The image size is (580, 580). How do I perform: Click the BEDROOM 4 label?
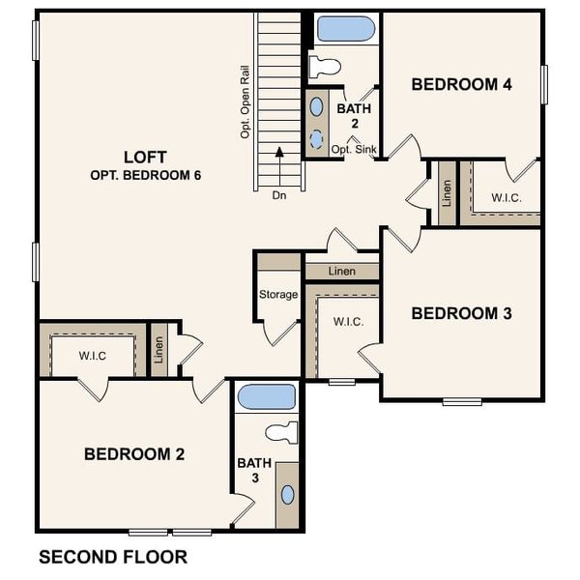click(461, 84)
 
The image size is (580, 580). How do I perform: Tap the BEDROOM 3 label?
click(461, 313)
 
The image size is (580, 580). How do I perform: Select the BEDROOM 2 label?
click(133, 453)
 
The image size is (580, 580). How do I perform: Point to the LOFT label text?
click(145, 157)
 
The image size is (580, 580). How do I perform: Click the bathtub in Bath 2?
click(345, 29)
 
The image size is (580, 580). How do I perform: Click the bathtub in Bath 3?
click(266, 396)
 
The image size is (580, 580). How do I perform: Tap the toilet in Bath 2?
click(326, 67)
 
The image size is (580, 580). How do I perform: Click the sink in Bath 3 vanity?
click(287, 494)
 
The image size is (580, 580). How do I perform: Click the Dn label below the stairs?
click(279, 194)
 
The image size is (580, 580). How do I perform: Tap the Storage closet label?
click(278, 294)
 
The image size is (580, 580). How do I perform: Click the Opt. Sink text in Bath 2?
click(353, 150)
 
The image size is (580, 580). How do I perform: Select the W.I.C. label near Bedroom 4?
click(506, 198)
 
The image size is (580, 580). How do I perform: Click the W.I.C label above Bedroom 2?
click(93, 356)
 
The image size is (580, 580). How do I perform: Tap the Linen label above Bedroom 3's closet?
click(342, 272)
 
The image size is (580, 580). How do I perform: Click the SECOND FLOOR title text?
click(112, 557)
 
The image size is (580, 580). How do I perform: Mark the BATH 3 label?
click(249, 471)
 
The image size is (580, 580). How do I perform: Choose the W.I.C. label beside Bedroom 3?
click(348, 321)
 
